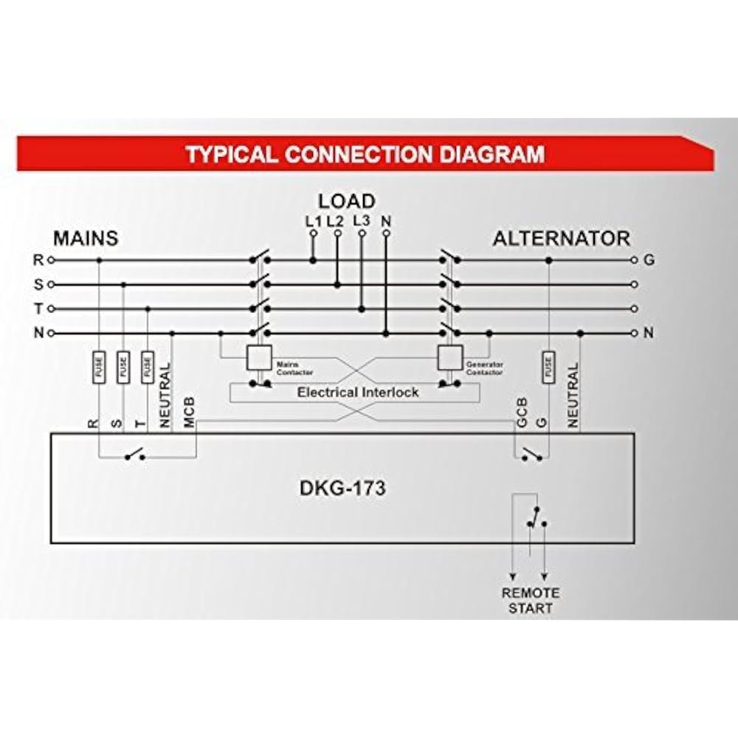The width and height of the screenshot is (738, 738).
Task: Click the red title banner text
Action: click(x=365, y=154)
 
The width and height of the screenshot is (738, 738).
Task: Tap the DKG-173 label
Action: click(x=343, y=489)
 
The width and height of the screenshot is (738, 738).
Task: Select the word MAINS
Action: click(x=86, y=239)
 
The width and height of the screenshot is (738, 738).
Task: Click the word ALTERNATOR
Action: click(x=561, y=239)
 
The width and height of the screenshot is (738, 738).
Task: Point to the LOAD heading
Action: click(x=347, y=201)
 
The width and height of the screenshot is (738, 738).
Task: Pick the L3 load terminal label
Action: click(x=362, y=220)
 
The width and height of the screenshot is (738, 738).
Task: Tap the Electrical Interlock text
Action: click(x=358, y=392)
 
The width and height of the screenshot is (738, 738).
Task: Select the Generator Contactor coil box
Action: click(x=449, y=358)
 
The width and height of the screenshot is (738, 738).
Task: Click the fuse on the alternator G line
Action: click(x=548, y=367)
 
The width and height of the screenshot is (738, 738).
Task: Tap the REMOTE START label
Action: click(x=531, y=600)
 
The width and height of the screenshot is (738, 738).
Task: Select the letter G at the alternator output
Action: click(x=649, y=260)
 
